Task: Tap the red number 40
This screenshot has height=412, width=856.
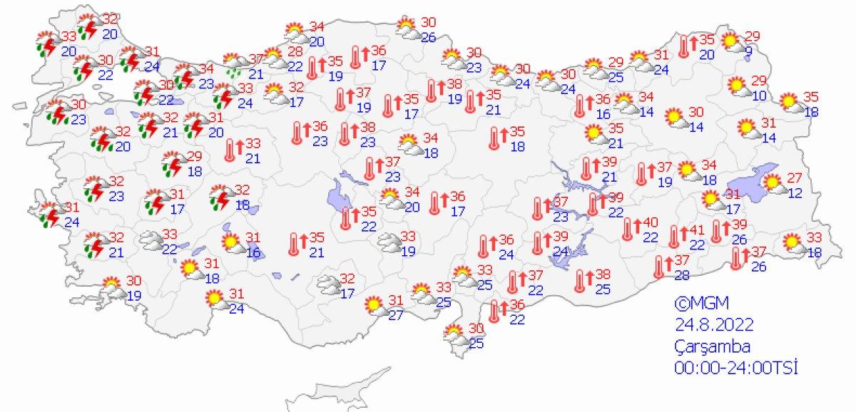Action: (x=650, y=223)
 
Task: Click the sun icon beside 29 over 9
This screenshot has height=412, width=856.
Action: (x=732, y=41)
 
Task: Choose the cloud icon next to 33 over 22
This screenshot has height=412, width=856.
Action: (x=150, y=240)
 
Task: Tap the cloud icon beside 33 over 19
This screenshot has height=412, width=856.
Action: (x=389, y=242)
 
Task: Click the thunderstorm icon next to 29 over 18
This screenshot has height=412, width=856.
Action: (x=172, y=163)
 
